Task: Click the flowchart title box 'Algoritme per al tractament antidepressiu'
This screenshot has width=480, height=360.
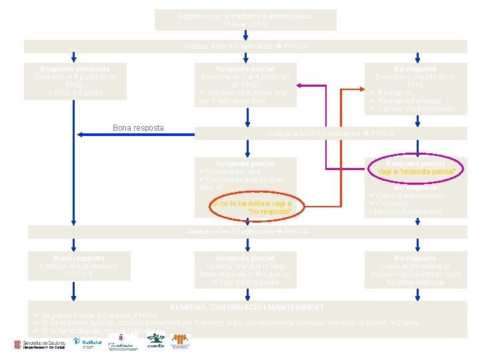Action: (x=245, y=20)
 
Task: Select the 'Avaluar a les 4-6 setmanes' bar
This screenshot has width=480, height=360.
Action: (x=245, y=47)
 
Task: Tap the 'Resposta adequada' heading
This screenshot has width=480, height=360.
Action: (x=75, y=69)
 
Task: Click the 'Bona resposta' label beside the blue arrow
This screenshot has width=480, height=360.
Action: (x=138, y=127)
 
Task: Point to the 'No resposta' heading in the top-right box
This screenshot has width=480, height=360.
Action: (x=415, y=69)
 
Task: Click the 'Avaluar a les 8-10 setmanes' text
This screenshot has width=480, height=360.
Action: (x=330, y=133)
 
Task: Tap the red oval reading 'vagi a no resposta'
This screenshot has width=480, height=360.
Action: (x=250, y=207)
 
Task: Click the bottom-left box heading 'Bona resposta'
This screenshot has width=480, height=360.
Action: (x=79, y=258)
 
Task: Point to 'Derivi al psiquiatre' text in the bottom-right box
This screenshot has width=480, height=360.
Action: (x=415, y=266)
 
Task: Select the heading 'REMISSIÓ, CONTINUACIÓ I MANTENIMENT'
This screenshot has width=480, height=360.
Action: (x=247, y=307)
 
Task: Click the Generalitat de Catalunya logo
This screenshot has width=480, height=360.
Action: (x=41, y=344)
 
